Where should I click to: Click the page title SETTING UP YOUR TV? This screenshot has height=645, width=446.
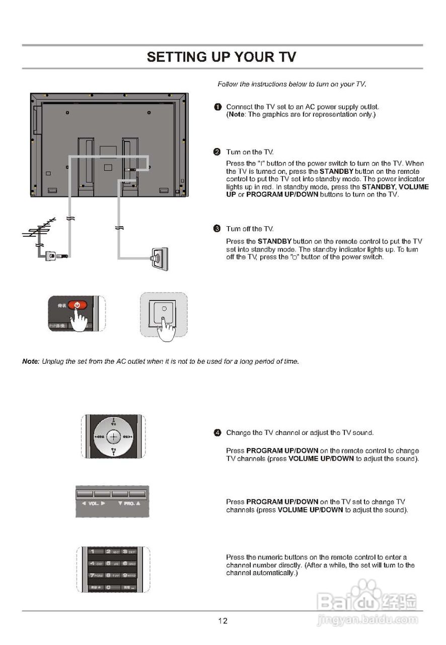(221, 57)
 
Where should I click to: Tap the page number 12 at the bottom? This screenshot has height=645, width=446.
(222, 621)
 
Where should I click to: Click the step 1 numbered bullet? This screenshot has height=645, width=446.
(217, 107)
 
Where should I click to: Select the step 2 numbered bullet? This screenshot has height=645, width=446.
(217, 152)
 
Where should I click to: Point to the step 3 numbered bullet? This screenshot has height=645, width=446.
(217, 229)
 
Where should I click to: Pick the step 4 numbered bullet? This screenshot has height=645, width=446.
(217, 433)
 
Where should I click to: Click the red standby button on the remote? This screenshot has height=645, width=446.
(78, 305)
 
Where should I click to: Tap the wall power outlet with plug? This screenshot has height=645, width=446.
(158, 258)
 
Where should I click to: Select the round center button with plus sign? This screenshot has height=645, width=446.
(114, 436)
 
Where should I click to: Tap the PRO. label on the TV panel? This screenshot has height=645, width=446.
(129, 503)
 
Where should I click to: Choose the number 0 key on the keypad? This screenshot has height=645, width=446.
(108, 588)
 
